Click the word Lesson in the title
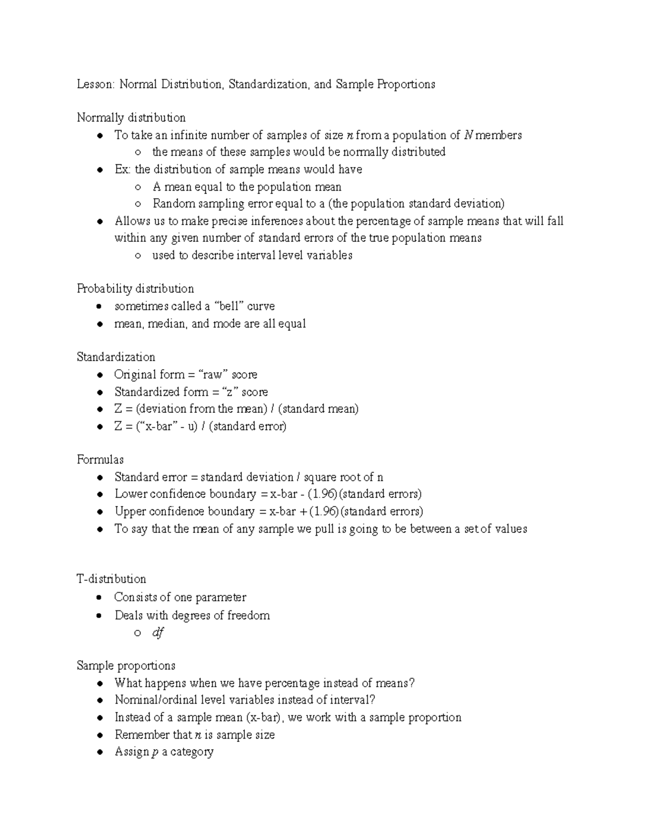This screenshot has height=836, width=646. tap(95, 85)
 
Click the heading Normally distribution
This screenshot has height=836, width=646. tap(131, 118)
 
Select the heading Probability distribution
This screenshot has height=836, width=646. tap(135, 289)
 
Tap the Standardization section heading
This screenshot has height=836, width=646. tap(116, 357)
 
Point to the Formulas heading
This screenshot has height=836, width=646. tap(100, 460)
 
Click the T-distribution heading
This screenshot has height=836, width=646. tap(111, 579)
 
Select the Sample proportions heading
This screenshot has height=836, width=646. tap(126, 666)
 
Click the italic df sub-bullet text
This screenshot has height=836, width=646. tap(158, 633)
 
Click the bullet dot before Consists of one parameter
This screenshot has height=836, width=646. tap(99, 598)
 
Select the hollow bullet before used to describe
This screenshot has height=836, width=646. tap(138, 256)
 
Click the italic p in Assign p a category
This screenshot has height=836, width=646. tap(155, 753)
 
